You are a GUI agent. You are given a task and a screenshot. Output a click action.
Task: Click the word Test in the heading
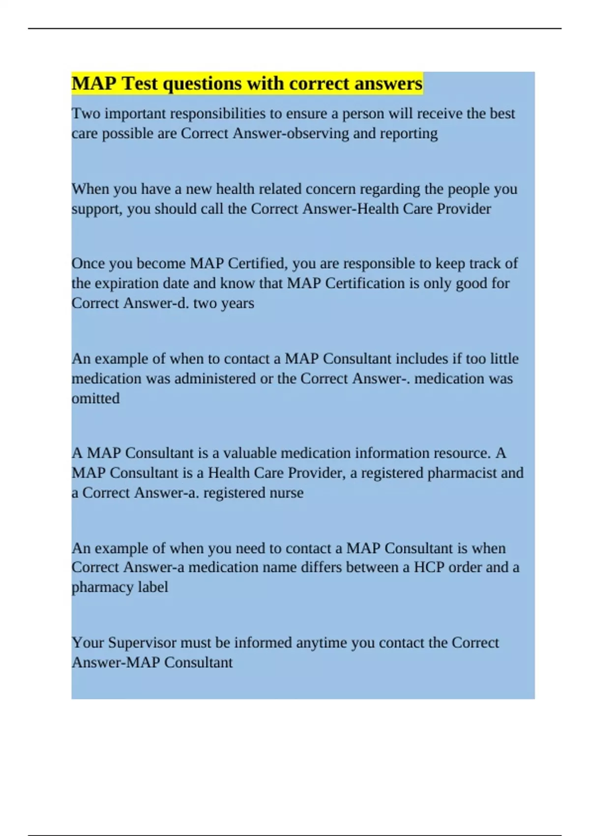point(140,84)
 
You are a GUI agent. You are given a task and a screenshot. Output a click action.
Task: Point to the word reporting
point(409,134)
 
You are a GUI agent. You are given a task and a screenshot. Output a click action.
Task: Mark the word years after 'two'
point(238,303)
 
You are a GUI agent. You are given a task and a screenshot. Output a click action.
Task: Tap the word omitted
point(95,398)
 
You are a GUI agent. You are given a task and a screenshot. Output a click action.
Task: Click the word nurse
point(286,493)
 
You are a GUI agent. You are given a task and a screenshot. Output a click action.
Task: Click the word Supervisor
point(142,643)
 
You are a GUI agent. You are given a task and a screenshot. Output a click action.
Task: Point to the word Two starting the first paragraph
point(86,114)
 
